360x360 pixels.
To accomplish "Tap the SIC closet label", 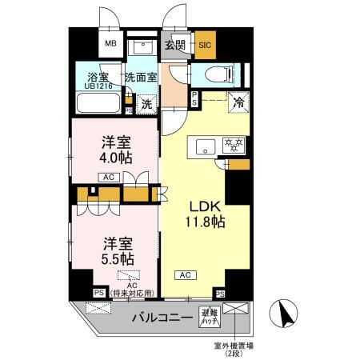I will click(204, 46).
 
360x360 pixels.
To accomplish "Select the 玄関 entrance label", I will click(174, 45).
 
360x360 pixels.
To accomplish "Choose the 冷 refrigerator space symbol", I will click(238, 102).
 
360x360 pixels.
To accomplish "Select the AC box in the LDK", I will click(185, 274).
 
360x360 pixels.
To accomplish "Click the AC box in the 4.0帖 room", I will click(109, 177).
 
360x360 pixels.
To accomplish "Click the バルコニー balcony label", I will click(161, 318).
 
